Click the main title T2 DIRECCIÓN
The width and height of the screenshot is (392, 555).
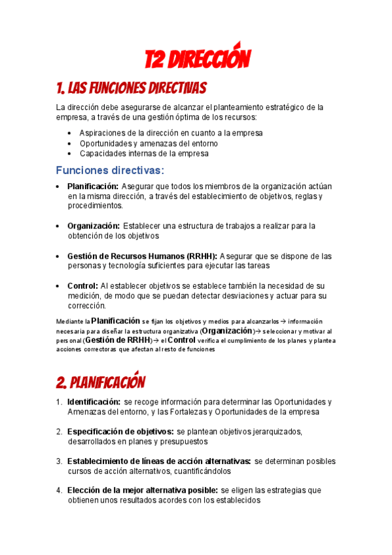click(197, 60)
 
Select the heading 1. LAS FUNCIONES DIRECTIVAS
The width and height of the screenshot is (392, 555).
click(132, 88)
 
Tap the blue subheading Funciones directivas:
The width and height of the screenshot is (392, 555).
click(110, 170)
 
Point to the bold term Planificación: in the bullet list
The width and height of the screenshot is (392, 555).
click(92, 187)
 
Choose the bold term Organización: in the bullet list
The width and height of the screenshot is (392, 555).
click(93, 226)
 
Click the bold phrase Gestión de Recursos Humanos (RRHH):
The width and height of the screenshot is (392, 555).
click(143, 256)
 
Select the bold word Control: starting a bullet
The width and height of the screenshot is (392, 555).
click(82, 286)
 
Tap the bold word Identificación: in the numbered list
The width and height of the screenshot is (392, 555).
click(94, 401)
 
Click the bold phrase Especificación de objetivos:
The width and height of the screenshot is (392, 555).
click(120, 431)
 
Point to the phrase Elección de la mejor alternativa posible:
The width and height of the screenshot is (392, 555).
click(143, 490)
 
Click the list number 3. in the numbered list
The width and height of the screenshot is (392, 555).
click(59, 461)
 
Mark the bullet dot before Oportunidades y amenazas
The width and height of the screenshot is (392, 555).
click(70, 143)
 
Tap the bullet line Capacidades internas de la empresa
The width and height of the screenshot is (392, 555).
click(144, 154)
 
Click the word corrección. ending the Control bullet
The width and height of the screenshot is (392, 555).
click(86, 306)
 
